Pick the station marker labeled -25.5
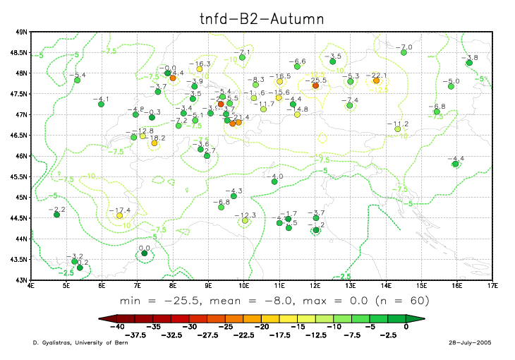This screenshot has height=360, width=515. tap(315, 86)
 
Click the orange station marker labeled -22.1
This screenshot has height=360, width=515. tap(376, 80)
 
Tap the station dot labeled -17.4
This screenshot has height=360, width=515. tap(119, 215)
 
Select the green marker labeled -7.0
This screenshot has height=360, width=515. tap(404, 52)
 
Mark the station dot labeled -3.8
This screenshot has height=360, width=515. tap(468, 63)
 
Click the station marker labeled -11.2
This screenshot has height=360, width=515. tap(397, 129)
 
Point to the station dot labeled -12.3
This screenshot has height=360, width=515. tap(245, 220)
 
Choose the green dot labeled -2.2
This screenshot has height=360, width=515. tap(56, 215)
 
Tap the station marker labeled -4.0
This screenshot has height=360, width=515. tap(274, 182)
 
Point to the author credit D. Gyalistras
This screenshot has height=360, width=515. tap(53, 343)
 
